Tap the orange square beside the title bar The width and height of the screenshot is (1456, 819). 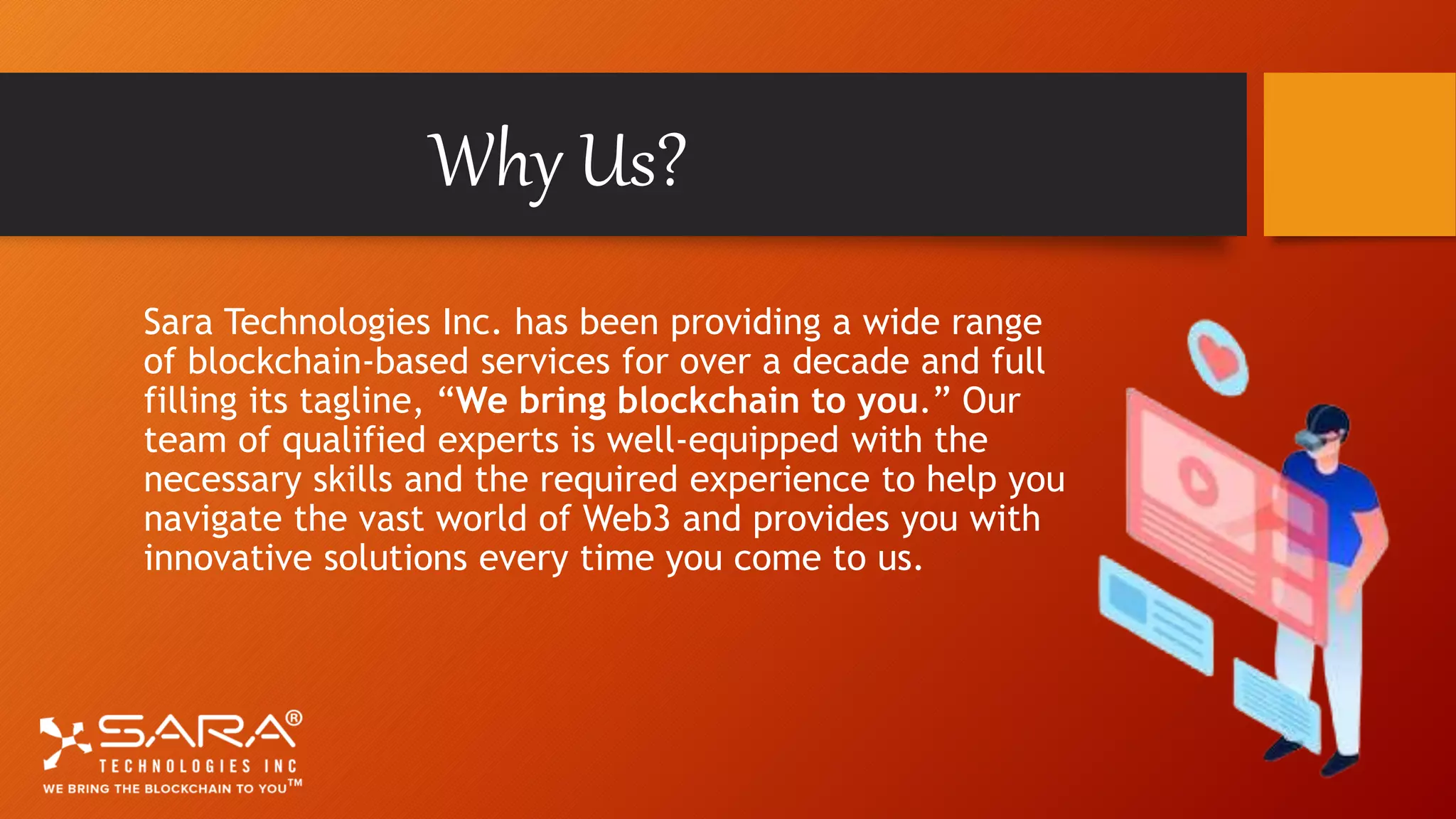(1359, 154)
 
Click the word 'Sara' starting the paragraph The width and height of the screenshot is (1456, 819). (178, 322)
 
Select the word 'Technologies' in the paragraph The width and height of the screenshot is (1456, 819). (328, 323)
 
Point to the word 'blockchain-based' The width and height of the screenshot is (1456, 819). (328, 361)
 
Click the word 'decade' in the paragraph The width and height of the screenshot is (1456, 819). (850, 361)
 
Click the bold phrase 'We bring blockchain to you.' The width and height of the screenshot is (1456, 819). (693, 401)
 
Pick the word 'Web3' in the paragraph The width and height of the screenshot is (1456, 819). (626, 518)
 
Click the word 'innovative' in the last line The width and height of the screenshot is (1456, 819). (227, 558)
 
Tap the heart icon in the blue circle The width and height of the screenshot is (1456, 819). (1219, 358)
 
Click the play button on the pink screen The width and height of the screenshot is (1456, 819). (1198, 480)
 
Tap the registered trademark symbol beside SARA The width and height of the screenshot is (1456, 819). (293, 718)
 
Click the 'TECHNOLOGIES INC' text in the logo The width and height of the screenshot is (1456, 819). (198, 766)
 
